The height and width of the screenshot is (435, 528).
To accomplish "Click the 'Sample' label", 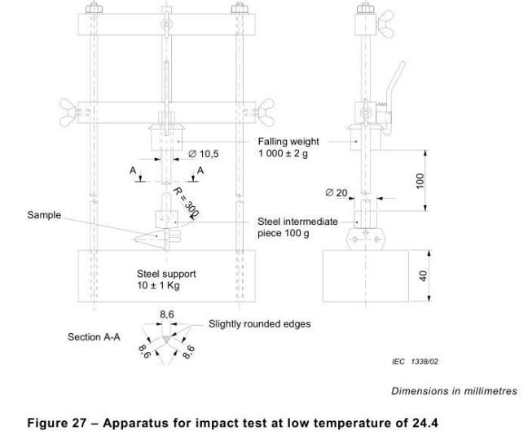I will pos(44,215).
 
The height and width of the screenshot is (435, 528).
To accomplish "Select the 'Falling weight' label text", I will pos(289,141).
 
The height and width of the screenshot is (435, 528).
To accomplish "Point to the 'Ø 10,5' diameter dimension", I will pos(203,153).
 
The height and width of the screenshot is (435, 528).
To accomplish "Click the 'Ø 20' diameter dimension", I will pos(336,193).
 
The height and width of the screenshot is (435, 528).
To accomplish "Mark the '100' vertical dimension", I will pos(420,180).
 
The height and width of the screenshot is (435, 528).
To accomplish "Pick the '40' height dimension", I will pos(422,276).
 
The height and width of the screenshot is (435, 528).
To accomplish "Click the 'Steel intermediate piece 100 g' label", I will pos(297,227).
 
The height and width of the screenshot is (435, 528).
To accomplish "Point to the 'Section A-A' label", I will pos(95,336).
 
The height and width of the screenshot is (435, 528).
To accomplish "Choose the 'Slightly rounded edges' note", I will pos(260,323).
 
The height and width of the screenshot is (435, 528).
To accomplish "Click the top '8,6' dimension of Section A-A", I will pos(166,314).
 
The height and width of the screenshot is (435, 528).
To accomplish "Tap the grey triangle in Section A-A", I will pos(166,334).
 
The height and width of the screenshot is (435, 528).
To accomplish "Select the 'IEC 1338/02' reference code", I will pos(415,360).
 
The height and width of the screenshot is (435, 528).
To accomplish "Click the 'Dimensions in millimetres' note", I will pos(454,391).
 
